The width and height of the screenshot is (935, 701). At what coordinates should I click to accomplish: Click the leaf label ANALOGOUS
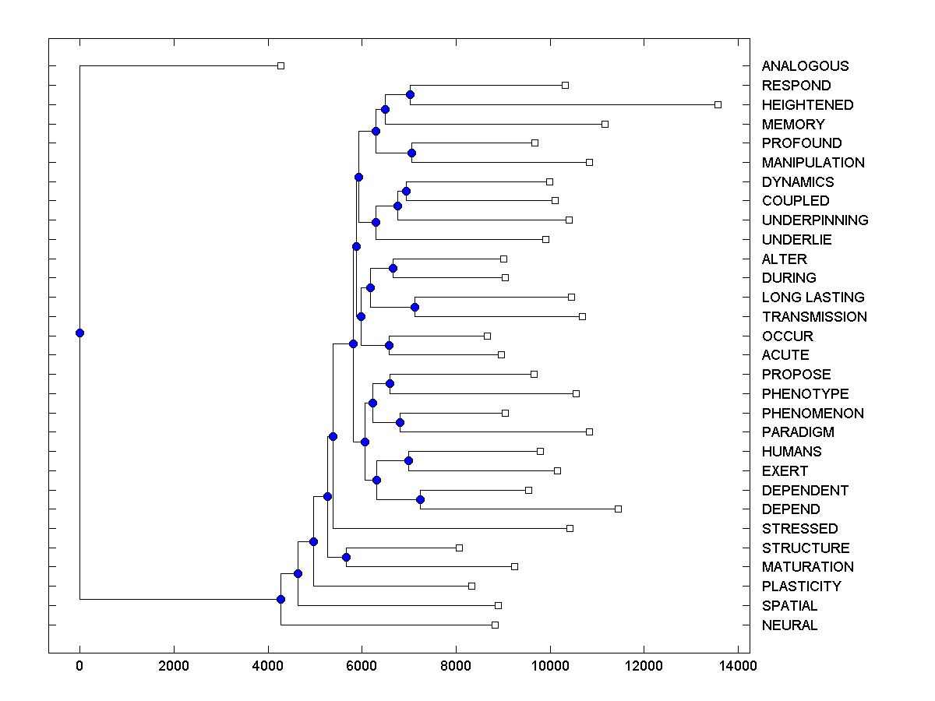[805, 66]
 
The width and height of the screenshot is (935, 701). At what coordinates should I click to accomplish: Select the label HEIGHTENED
[807, 104]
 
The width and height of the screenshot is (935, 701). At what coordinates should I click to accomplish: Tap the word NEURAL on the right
[789, 625]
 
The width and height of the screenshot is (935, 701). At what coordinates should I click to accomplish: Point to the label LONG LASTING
[813, 297]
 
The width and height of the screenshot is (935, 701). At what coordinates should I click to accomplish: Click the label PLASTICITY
[801, 586]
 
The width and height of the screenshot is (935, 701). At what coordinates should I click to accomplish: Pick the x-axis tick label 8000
[456, 666]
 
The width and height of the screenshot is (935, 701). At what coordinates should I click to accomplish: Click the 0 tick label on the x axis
[79, 666]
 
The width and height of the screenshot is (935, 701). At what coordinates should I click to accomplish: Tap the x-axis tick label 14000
[738, 666]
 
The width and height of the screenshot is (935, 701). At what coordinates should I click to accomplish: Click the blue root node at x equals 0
[79, 333]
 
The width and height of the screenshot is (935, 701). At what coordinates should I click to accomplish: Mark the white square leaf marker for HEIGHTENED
[718, 104]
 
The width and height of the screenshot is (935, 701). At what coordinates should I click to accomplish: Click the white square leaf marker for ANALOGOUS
[281, 66]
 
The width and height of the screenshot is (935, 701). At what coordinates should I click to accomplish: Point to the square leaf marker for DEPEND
[618, 509]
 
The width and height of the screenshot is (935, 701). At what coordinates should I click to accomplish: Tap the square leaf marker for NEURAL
[495, 625]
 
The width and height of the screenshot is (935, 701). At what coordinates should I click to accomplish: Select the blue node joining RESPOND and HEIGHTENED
[411, 94]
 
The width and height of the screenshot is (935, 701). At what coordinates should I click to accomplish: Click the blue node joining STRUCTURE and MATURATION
[346, 557]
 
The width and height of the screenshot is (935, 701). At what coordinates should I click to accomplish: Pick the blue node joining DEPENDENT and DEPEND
[420, 499]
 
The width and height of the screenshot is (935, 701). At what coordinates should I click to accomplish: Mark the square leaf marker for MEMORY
[605, 124]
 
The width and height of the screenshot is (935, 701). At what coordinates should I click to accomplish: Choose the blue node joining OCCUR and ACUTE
[389, 345]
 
